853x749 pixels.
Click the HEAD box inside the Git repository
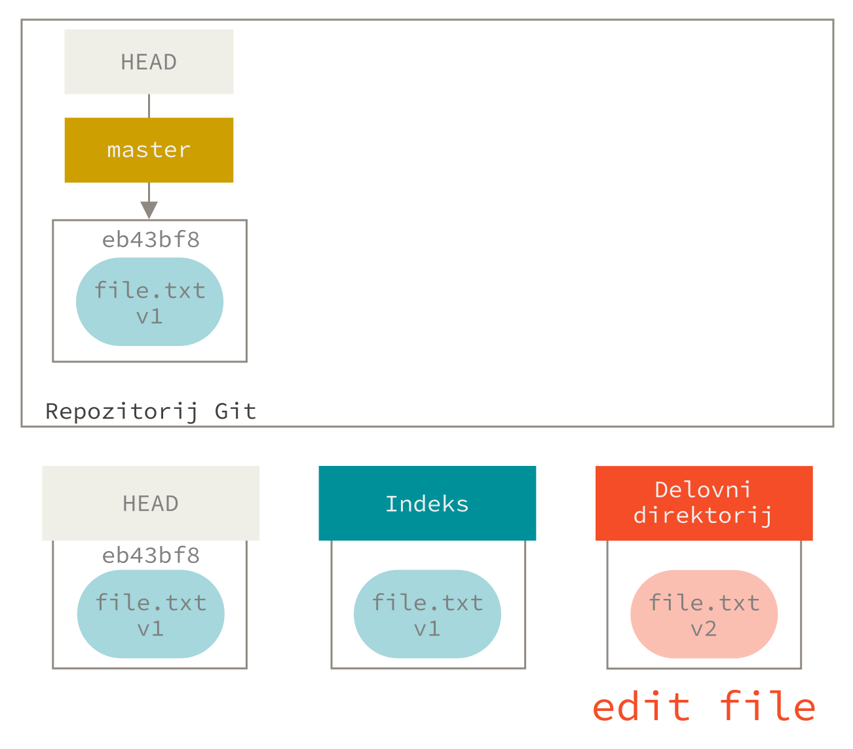[149, 62]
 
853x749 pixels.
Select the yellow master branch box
[149, 150]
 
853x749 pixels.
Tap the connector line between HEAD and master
[149, 106]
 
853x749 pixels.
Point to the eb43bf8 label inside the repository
[151, 240]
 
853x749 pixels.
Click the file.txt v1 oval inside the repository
[149, 302]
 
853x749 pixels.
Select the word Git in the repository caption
[235, 412]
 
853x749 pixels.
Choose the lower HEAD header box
[151, 503]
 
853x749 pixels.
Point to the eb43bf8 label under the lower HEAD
[151, 556]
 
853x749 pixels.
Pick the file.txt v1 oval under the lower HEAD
[151, 614]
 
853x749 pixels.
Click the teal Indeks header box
[427, 503]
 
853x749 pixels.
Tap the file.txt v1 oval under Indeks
[427, 614]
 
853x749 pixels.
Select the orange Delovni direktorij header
[704, 503]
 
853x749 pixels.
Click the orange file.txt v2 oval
[704, 614]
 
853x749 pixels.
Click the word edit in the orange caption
[641, 708]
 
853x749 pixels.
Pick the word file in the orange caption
[768, 708]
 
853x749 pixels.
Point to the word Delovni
[702, 490]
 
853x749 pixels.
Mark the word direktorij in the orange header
[702, 516]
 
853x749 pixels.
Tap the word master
[149, 150]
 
